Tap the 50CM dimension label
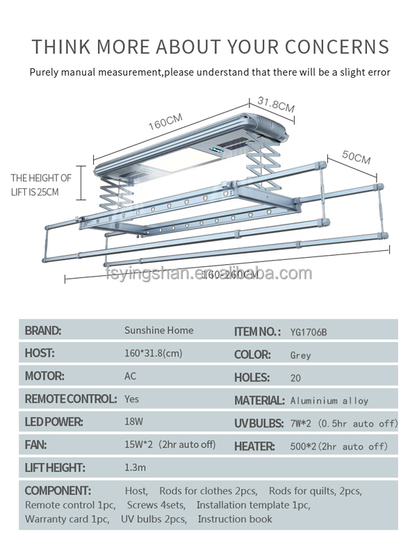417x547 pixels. [357, 157]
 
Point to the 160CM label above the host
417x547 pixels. [165, 122]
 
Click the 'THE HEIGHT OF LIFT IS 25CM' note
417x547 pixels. [40, 185]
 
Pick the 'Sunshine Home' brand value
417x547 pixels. [158, 330]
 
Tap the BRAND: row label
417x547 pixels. [43, 331]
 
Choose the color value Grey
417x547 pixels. [300, 355]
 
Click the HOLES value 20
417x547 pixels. [295, 378]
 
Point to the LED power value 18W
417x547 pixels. [133, 422]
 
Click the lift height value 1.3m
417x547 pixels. [135, 468]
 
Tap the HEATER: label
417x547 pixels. [258, 446]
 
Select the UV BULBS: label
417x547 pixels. [259, 423]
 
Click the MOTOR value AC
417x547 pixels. [131, 376]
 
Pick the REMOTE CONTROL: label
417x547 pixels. [70, 399]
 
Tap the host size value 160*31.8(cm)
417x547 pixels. [153, 353]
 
